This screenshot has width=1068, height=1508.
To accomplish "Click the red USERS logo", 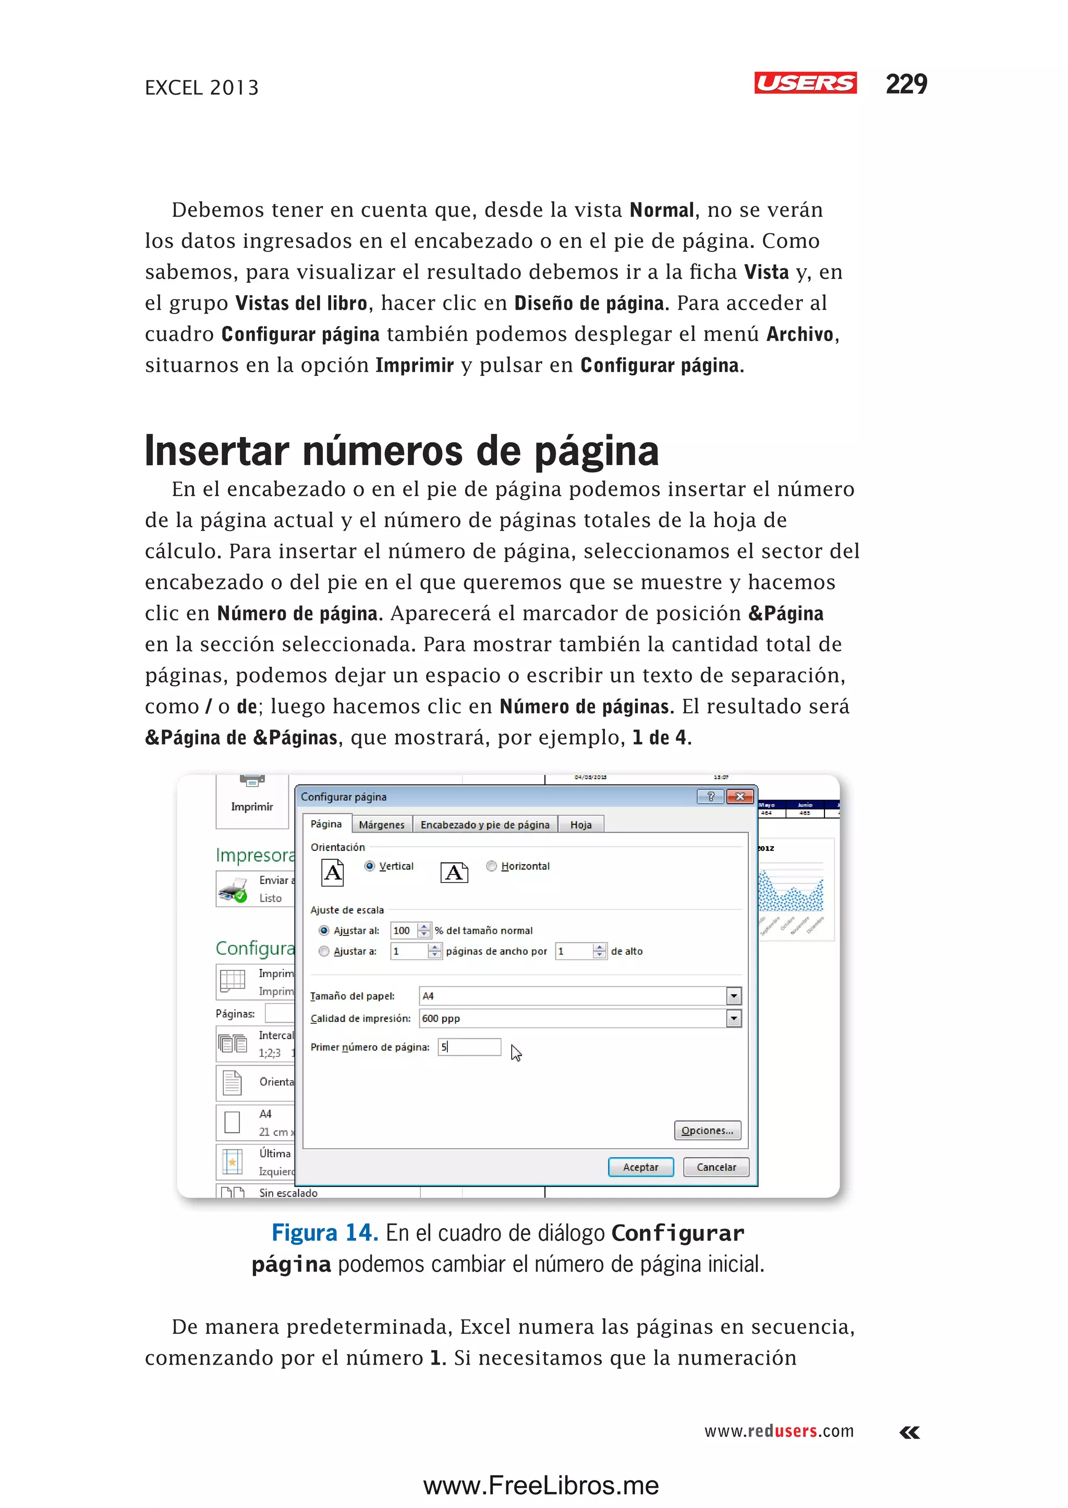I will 805,83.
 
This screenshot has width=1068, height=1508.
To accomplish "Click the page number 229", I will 906,84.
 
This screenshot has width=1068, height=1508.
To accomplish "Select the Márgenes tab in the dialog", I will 381,825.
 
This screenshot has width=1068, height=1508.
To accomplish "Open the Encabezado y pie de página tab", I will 484,825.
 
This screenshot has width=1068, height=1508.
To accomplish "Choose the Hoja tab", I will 581,825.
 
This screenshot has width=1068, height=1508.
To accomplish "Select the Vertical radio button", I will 370,866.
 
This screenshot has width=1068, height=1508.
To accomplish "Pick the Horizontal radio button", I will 491,866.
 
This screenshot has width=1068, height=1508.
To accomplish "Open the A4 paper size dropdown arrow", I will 734,996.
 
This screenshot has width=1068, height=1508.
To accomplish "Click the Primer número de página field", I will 469,1047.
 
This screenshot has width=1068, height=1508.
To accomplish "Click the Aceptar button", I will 640,1168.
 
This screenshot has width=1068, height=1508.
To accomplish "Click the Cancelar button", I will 716,1168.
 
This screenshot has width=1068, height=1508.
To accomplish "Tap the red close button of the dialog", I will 741,796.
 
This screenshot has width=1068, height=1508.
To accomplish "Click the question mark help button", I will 710,796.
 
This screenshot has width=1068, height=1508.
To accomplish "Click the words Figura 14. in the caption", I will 325,1233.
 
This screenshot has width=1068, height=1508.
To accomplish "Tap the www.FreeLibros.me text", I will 541,1486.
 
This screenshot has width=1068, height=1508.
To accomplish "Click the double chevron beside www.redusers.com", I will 909,1432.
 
